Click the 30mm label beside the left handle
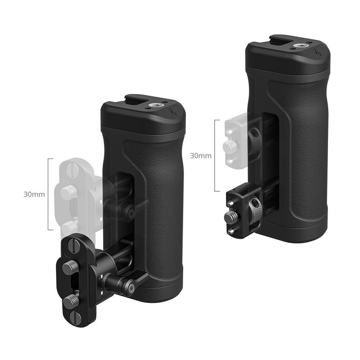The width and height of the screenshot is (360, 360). pos(34,194)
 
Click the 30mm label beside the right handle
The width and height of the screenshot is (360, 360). pos(201,156)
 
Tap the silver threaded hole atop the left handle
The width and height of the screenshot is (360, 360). pos(153,106)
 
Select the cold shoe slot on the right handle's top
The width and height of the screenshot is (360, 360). pos(281,40)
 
